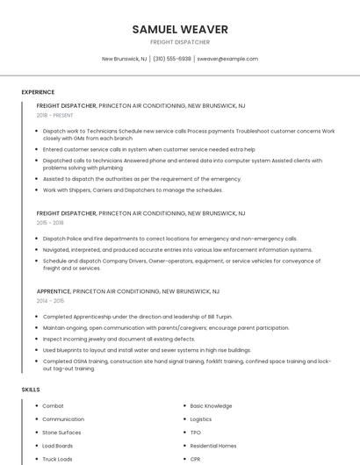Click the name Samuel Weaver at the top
point(180,29)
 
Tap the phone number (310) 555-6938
point(172,59)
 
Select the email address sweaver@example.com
point(227,59)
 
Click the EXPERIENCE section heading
point(38,92)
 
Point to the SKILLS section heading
point(31,389)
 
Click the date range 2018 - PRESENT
point(54,115)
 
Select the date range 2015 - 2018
point(50,223)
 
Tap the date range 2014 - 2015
point(50,300)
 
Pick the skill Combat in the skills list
point(53,406)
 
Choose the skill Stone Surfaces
point(61,433)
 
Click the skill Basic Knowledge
point(211,406)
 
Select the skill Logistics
point(201,419)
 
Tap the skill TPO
point(196,433)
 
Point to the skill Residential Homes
point(213,446)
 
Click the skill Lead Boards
point(58,446)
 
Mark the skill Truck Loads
point(58,459)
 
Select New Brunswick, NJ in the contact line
point(125,59)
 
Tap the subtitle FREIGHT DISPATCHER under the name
point(180,42)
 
